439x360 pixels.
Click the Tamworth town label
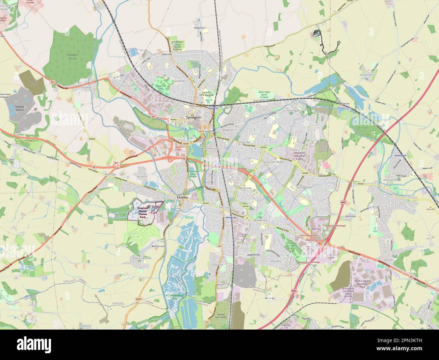coord(194,117)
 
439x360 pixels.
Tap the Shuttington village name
coord(367,75)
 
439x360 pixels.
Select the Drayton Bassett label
coord(141,258)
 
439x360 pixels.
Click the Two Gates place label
coord(226,207)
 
